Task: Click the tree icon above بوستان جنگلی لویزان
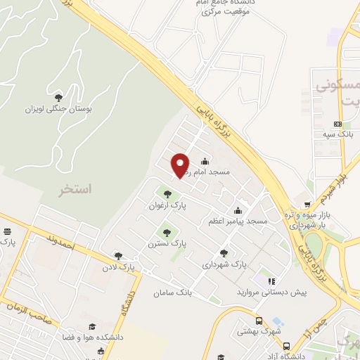pyautogui.click(x=58, y=97)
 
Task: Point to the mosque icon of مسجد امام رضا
pyautogui.click(x=205, y=161)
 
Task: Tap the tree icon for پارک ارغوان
pyautogui.click(x=167, y=194)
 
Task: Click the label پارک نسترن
pyautogui.click(x=167, y=243)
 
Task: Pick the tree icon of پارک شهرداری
pyautogui.click(x=224, y=253)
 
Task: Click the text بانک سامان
pyautogui.click(x=173, y=290)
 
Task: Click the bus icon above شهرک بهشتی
pyautogui.click(x=259, y=321)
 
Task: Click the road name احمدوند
pyautogui.click(x=63, y=243)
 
